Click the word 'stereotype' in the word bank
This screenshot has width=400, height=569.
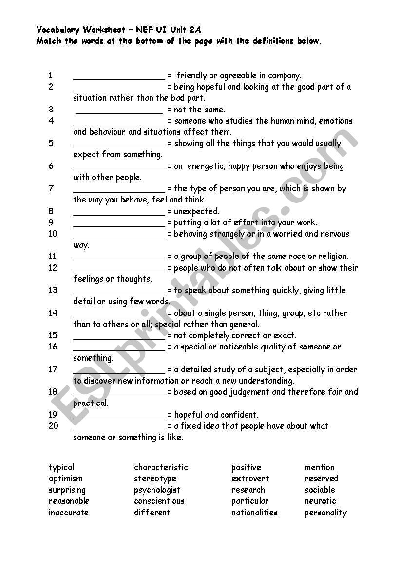pos(155,478)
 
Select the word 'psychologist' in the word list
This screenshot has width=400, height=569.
pos(157,490)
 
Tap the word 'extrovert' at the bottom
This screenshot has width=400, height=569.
pos(250,478)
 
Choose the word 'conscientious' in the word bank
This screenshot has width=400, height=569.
pos(159,501)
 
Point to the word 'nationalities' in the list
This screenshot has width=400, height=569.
pos(254,513)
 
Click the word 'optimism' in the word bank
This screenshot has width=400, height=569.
pos(65,478)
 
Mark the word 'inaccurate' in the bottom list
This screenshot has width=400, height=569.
pos(69,513)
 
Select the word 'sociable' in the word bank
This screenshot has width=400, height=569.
pos(320,490)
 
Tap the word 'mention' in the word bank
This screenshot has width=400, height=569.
pos(320,467)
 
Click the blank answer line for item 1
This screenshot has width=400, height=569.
pos(119,77)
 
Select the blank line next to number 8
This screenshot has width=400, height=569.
pos(119,213)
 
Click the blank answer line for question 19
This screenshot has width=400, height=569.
pos(119,416)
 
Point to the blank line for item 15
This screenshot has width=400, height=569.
pos(119,337)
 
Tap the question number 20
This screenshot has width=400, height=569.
pos(53,426)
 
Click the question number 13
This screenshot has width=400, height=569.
pos(53,290)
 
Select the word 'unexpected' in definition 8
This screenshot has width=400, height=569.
pos(197,211)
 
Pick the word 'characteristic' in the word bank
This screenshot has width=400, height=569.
pos(161,467)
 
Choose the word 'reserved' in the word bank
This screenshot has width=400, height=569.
pos(321,478)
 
